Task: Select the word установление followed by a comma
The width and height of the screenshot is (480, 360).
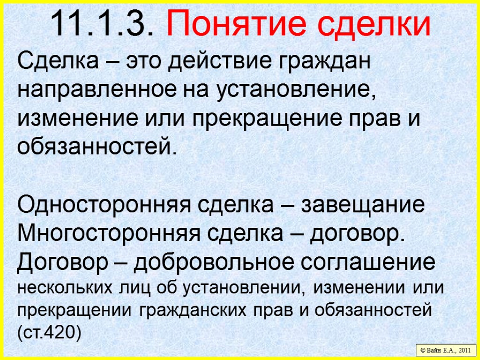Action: tap(296, 90)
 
